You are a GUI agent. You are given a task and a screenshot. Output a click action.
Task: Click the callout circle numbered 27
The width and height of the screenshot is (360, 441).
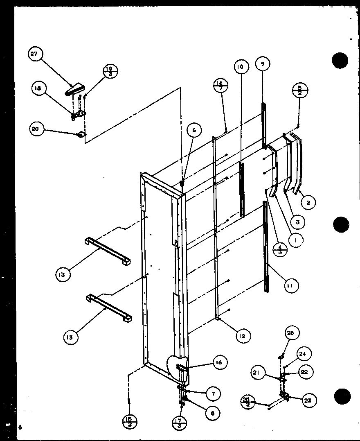pyautogui.click(x=36, y=55)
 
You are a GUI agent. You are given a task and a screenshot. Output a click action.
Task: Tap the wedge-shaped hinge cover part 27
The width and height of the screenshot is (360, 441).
pyautogui.click(x=75, y=89)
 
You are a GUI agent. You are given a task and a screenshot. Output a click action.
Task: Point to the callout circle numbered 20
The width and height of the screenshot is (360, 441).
pyautogui.click(x=36, y=129)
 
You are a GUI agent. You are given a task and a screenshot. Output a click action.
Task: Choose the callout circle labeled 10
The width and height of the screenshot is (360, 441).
pyautogui.click(x=241, y=67)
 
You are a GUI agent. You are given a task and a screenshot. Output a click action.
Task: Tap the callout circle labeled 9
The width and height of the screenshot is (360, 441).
pyautogui.click(x=262, y=64)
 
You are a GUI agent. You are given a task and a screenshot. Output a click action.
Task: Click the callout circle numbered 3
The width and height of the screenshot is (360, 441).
pyautogui.click(x=298, y=222)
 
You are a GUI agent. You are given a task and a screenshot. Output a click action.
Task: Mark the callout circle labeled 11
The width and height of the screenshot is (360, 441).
pyautogui.click(x=292, y=285)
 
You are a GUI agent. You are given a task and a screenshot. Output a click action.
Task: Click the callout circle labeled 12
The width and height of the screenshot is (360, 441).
pyautogui.click(x=242, y=336)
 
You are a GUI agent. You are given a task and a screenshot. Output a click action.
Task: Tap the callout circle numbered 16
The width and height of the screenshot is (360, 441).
pyautogui.click(x=219, y=362)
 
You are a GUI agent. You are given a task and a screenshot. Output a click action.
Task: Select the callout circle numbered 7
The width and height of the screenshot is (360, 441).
pyautogui.click(x=213, y=394)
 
